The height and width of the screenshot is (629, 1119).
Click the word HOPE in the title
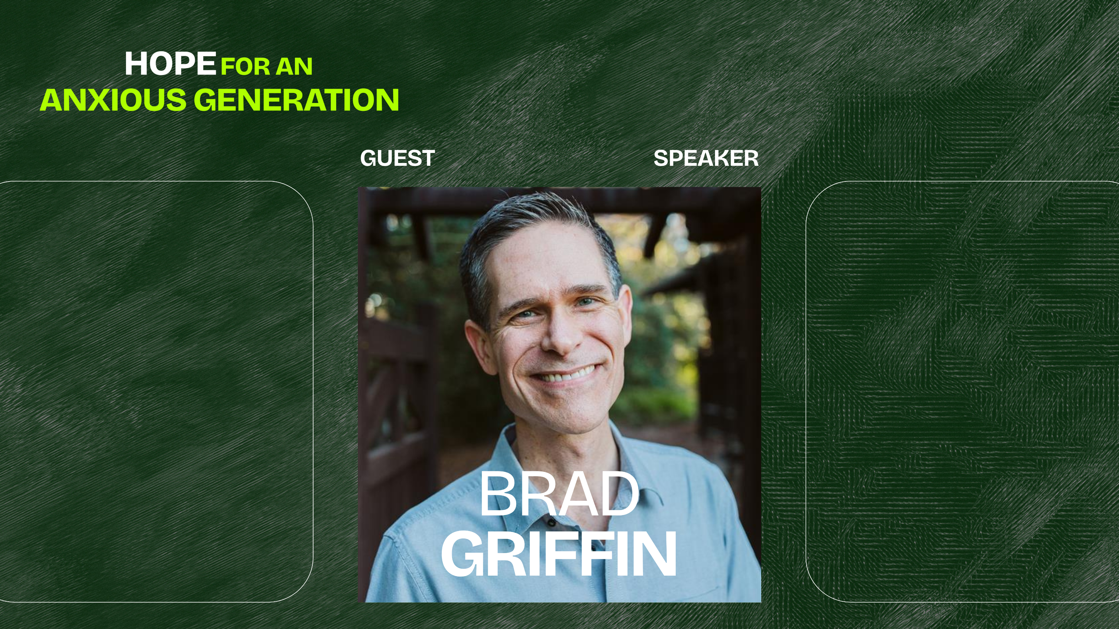170,64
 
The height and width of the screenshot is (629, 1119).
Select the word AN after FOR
295,66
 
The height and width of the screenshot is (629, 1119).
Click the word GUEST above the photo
397,158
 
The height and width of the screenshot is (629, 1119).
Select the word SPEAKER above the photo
706,158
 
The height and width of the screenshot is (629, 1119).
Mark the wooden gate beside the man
395,391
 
